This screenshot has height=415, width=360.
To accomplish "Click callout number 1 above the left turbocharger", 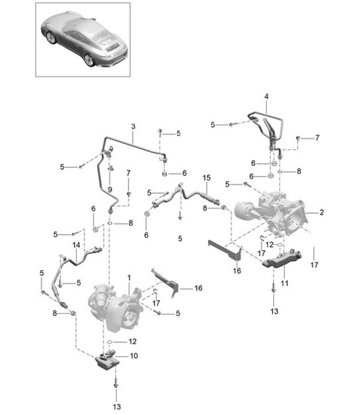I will pos(129,278).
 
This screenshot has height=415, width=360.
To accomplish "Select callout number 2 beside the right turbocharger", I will pos(322,213).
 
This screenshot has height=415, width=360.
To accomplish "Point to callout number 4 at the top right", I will pos(266,97).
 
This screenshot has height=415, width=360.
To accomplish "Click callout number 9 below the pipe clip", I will pos(110,188).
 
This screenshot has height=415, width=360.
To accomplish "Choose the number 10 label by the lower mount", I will pos(135,356).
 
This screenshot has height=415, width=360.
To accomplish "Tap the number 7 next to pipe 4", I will pos(316,137).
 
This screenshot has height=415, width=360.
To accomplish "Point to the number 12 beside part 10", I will pos(133,342).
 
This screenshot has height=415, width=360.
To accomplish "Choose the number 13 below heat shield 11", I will pos(273,310).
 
